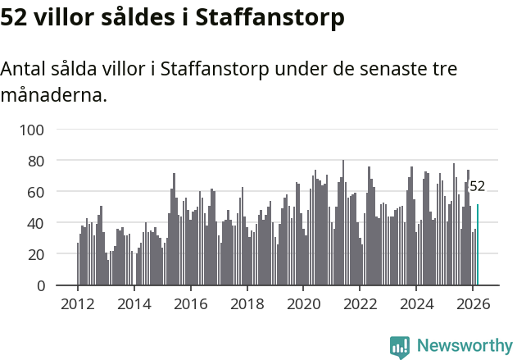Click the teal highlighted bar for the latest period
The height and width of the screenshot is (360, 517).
478,245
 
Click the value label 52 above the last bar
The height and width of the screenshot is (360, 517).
477,186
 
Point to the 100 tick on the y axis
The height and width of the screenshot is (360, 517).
43,130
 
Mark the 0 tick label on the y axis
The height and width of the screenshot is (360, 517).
50,285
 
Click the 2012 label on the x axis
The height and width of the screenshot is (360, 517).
78,303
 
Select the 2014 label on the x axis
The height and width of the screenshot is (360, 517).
134,303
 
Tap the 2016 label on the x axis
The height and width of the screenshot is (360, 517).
191,303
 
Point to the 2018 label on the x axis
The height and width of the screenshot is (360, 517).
247,303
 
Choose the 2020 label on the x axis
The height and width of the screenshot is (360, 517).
303,303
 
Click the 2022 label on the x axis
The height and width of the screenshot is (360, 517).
360,303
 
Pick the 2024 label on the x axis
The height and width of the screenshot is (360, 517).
416,303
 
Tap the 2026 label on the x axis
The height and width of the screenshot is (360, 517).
473,303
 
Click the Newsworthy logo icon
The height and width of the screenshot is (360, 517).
400,347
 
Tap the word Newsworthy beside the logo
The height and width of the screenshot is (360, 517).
465,346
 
